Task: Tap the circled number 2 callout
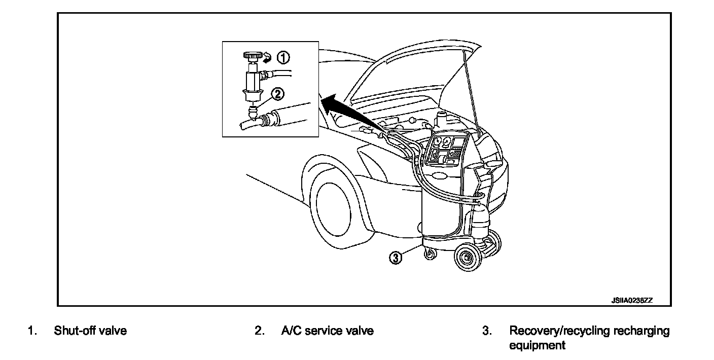click(x=277, y=94)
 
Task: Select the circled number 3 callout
click(x=396, y=257)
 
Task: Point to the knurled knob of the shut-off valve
click(x=252, y=55)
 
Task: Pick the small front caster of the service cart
click(x=430, y=253)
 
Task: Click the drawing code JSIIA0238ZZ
click(x=631, y=300)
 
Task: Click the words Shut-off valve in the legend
click(x=90, y=331)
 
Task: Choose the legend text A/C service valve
click(x=327, y=331)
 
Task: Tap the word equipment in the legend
click(x=537, y=345)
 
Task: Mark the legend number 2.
click(x=259, y=331)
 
